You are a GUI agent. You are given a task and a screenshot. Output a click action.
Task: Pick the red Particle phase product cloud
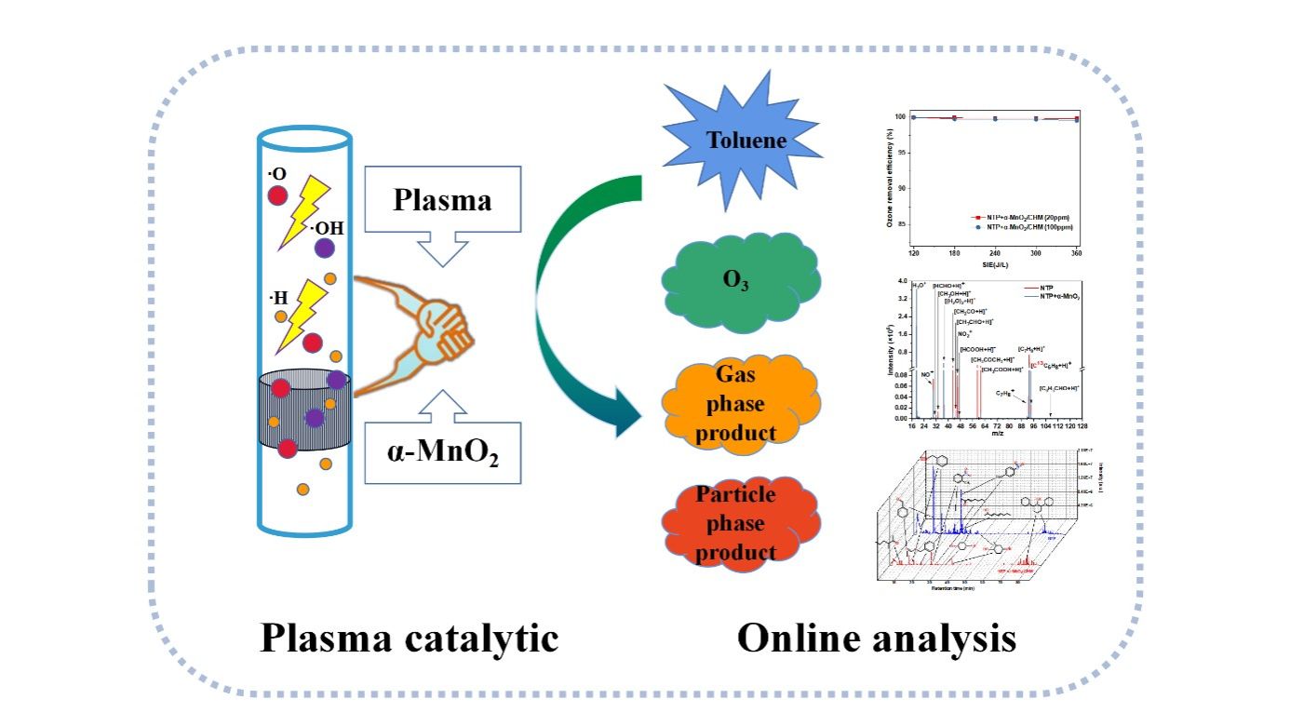click(x=741, y=525)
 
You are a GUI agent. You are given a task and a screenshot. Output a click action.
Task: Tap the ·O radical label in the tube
click(x=277, y=173)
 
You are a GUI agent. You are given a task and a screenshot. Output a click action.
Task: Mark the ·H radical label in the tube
click(x=277, y=298)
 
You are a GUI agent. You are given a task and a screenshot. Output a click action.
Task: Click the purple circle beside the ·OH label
click(x=324, y=249)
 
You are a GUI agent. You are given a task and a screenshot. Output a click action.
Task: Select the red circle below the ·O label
click(x=277, y=195)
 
